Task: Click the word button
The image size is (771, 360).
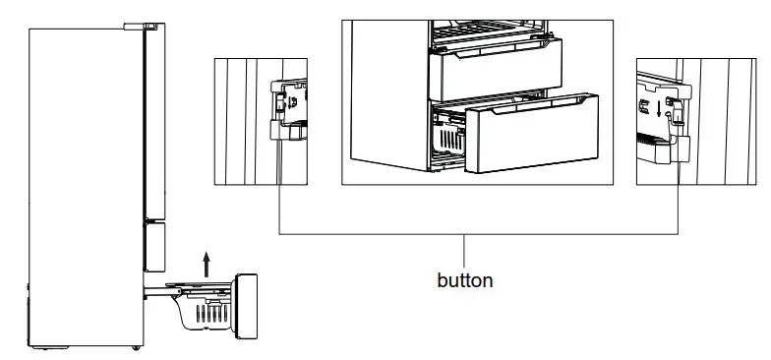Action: (x=464, y=280)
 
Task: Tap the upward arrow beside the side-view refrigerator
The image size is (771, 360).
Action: (x=207, y=262)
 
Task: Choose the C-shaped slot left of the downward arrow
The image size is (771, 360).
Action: (x=644, y=105)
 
